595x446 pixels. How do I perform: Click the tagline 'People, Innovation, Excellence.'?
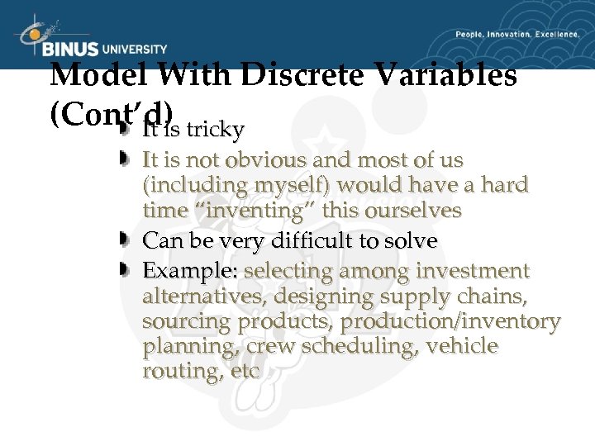pos(517,35)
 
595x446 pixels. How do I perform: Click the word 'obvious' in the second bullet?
pos(285,159)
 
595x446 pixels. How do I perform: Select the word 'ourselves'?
pos(413,210)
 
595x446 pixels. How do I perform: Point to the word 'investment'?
pos(473,271)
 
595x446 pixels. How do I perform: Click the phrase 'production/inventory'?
pos(450,320)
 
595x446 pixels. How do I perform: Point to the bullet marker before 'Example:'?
pos(125,270)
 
